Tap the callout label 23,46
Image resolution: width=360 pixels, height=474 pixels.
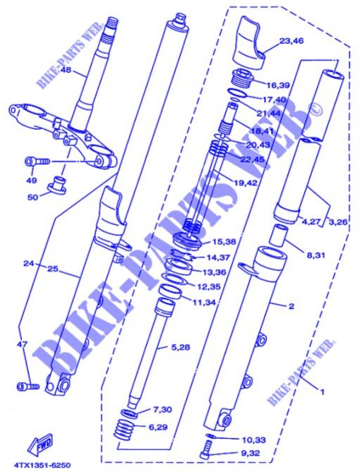[x=292, y=42]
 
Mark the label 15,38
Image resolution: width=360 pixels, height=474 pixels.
[x=217, y=241]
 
